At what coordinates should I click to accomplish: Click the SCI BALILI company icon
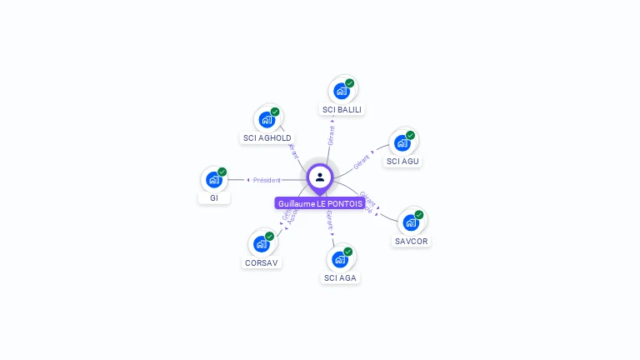coord(342,91)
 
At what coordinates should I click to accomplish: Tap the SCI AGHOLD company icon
coord(267,119)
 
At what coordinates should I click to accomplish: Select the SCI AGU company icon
coord(402,142)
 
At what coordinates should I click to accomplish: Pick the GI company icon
coord(214,179)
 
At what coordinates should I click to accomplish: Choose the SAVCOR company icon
coord(411,222)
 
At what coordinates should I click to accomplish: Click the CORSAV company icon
coord(262,244)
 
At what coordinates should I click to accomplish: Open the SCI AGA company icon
coord(340,259)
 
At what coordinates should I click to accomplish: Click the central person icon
coord(320,177)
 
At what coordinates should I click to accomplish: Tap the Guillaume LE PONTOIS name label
coord(320,203)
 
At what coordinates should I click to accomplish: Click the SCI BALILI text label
coord(343,109)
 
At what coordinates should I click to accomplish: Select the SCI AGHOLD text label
coord(267,137)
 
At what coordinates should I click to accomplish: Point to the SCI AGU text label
coord(402,161)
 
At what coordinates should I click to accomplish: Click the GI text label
coord(214,197)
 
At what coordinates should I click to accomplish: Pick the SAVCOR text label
coord(412,241)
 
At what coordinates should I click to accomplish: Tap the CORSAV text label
coord(262,262)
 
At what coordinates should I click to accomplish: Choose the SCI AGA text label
coord(340,277)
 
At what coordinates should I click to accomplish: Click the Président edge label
coord(267,180)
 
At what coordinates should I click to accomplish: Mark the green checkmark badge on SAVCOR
coord(419,214)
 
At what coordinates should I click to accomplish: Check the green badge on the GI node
coord(222,172)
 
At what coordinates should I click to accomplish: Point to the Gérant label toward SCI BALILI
coord(332,136)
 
